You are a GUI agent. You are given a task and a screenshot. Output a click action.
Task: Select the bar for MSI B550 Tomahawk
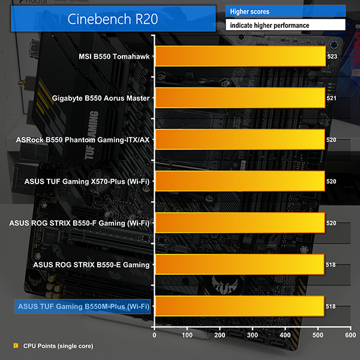(x=240, y=56)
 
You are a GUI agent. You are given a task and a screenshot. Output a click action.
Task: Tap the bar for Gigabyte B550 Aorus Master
(x=240, y=97)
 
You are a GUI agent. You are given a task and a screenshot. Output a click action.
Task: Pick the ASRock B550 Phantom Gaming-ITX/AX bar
(x=240, y=139)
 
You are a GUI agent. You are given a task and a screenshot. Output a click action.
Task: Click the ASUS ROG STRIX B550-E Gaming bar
(x=239, y=264)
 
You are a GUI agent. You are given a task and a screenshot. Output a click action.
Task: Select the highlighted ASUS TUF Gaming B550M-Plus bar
(x=239, y=306)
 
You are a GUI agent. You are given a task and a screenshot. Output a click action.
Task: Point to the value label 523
(x=332, y=56)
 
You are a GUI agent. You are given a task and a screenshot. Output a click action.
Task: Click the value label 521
(x=331, y=97)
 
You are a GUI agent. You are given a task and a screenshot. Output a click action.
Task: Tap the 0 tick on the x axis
(x=155, y=335)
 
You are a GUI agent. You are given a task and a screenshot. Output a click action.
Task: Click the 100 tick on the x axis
(x=187, y=335)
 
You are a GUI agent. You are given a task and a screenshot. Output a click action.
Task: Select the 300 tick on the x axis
(x=253, y=335)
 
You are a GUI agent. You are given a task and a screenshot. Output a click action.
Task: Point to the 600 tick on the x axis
(x=350, y=335)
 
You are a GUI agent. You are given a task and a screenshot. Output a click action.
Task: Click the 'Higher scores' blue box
(x=285, y=11)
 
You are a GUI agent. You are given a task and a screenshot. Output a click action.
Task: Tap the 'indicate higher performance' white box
(x=285, y=25)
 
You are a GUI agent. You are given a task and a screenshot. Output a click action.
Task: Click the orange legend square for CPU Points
(x=16, y=346)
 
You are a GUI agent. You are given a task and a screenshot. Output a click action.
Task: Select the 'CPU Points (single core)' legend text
(x=58, y=346)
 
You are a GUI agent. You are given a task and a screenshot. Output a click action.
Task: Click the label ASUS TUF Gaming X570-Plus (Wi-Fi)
(x=87, y=181)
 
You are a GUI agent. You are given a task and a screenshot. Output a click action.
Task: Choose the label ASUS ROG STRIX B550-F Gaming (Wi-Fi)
(x=80, y=223)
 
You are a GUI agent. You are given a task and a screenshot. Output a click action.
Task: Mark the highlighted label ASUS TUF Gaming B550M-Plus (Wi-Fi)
(x=82, y=307)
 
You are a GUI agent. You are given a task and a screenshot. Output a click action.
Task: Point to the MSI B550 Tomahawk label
(x=114, y=56)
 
